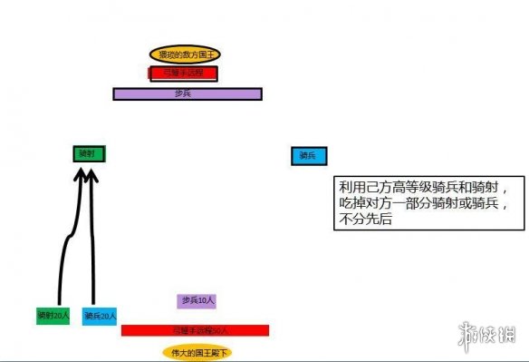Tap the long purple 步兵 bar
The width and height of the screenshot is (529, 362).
(188, 93)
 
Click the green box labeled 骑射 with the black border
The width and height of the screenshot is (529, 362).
(90, 154)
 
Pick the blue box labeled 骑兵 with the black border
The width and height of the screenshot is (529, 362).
(308, 156)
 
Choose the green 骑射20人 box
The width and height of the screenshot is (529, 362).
(53, 316)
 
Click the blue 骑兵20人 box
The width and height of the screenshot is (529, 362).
(99, 316)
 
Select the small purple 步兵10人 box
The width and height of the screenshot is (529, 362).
(197, 300)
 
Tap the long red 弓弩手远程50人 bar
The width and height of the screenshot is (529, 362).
(195, 330)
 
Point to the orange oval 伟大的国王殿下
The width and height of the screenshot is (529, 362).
(196, 351)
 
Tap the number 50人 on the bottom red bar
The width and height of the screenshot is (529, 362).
(219, 330)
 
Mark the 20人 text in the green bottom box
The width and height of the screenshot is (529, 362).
(60, 316)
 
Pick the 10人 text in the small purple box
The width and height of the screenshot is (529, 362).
(207, 300)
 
